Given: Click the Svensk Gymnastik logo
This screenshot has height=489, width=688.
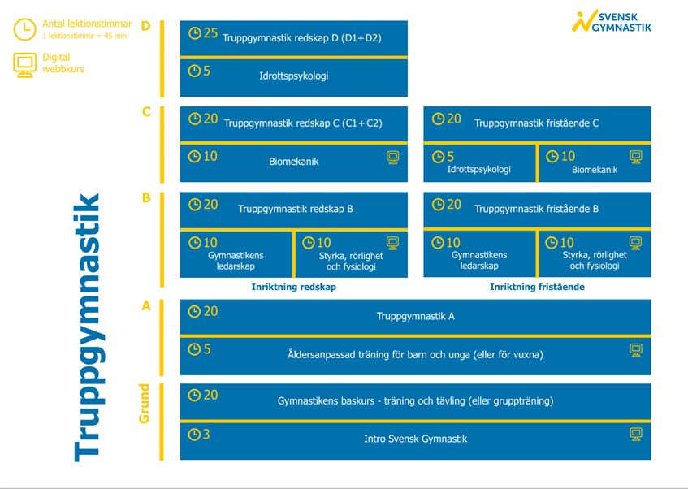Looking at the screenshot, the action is [x=611, y=20].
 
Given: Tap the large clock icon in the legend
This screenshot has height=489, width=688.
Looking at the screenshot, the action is [x=24, y=29].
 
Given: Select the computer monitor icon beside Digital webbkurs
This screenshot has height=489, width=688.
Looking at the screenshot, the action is [x=24, y=65].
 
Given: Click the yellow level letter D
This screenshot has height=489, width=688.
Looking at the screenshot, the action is [x=146, y=26].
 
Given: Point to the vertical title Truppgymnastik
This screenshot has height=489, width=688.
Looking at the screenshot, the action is [x=87, y=327].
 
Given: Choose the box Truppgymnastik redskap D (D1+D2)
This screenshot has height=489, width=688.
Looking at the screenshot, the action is [x=293, y=38].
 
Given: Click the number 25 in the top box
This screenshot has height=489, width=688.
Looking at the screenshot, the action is [x=210, y=33].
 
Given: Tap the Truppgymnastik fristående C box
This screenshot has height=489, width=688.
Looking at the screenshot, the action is [x=537, y=123].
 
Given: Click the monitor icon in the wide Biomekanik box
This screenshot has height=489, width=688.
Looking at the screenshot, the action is [x=392, y=157].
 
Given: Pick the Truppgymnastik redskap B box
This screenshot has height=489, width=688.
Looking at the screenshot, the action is [x=293, y=210].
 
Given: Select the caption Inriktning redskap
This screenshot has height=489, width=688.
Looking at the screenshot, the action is [x=293, y=287].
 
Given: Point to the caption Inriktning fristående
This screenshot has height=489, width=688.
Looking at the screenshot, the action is [x=537, y=287].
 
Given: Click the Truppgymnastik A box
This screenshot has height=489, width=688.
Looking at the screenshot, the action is [x=416, y=317].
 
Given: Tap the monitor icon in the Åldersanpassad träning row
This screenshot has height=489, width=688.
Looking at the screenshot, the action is [x=636, y=350].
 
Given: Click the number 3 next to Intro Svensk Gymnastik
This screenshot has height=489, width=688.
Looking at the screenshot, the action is [x=206, y=435].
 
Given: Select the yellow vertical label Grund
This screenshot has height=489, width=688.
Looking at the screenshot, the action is [x=144, y=403].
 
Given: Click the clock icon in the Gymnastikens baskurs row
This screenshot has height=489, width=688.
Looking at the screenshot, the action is [x=194, y=396].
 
